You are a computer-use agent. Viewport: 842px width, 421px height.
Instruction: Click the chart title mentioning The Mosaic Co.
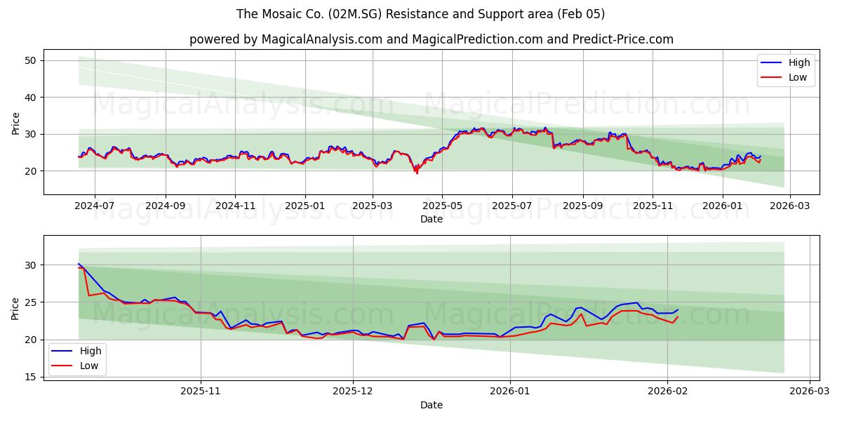420,14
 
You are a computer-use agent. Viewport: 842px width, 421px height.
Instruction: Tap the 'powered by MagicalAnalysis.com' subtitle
431,39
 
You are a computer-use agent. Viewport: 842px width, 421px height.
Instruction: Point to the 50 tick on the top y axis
31,60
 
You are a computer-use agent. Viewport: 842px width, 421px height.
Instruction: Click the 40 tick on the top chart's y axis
31,98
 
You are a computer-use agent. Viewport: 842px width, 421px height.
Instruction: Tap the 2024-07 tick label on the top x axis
94,206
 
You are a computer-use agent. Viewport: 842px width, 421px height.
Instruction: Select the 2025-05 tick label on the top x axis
442,206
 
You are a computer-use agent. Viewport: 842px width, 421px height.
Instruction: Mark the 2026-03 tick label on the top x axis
790,206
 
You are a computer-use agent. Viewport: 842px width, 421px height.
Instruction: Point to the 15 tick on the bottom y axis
31,377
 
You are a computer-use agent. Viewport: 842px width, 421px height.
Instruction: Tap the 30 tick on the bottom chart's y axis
31,265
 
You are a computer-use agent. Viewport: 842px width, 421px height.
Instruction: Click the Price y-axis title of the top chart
16,122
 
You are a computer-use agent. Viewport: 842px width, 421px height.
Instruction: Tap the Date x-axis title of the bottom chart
431,405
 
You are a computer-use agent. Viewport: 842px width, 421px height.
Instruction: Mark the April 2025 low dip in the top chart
417,173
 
